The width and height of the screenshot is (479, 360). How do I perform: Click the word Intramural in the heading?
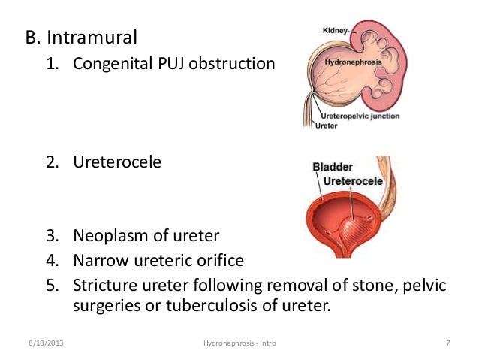101,35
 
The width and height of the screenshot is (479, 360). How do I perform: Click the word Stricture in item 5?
102,286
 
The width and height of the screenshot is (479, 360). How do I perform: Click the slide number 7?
447,343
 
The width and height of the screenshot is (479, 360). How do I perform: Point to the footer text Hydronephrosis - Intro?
239,343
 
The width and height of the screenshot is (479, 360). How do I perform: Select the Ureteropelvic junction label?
360,116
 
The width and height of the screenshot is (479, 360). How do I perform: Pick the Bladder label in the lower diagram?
333,166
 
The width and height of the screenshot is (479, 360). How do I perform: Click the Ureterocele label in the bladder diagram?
353,181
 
